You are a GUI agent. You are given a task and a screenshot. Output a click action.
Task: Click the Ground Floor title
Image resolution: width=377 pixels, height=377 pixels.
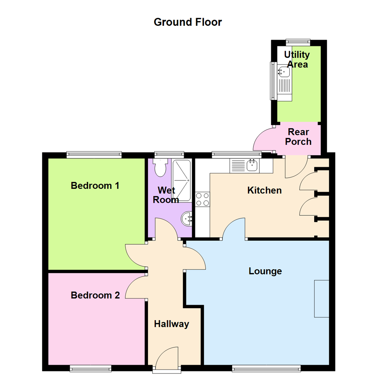[188, 22]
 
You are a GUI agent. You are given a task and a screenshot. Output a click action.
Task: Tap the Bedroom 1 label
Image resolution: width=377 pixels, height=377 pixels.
[95, 185]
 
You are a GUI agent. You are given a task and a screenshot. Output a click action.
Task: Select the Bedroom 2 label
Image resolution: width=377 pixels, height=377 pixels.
[95, 295]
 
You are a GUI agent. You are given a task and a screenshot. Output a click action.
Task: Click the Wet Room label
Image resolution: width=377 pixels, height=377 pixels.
[168, 195]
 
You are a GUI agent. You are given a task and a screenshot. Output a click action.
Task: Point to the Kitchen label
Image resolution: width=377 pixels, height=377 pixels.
[264, 191]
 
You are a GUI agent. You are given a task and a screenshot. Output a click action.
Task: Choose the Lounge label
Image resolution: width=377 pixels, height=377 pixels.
[265, 271]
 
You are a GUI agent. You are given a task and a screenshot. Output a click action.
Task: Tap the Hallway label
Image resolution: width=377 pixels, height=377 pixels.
[171, 324]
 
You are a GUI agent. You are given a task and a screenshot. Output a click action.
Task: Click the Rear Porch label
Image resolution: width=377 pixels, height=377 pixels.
[298, 137]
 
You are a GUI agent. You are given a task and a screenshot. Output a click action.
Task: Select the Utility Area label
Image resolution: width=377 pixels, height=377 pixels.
[297, 59]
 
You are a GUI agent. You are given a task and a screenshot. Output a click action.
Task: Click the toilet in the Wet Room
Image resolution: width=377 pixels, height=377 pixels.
[161, 168]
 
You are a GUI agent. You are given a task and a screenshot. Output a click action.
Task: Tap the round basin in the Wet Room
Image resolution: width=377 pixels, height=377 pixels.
[187, 219]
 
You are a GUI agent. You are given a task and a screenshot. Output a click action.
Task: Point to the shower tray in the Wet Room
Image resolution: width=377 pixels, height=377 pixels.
[182, 180]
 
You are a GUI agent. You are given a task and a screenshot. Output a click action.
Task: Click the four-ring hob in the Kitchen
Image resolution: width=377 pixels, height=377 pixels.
[202, 199]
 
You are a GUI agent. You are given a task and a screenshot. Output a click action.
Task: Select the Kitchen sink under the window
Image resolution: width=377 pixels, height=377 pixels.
[251, 165]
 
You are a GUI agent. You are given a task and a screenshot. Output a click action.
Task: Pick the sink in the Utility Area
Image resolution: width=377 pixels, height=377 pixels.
[283, 72]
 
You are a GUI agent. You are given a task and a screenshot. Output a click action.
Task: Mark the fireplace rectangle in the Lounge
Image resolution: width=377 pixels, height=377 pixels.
[321, 298]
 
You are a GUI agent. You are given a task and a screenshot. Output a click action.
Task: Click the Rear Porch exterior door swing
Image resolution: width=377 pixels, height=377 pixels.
[263, 139]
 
